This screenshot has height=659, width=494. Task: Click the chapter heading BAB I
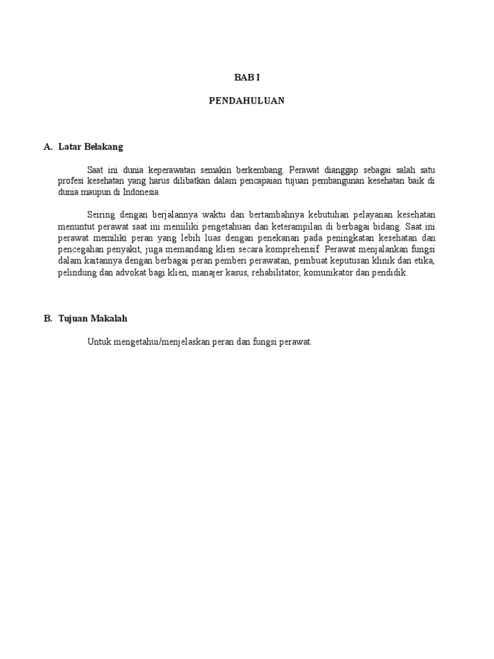(x=246, y=77)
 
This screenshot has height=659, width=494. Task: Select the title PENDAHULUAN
(x=246, y=101)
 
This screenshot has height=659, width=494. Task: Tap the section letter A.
(x=48, y=147)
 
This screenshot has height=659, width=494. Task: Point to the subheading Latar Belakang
(x=90, y=147)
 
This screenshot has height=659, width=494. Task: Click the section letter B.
(x=48, y=319)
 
